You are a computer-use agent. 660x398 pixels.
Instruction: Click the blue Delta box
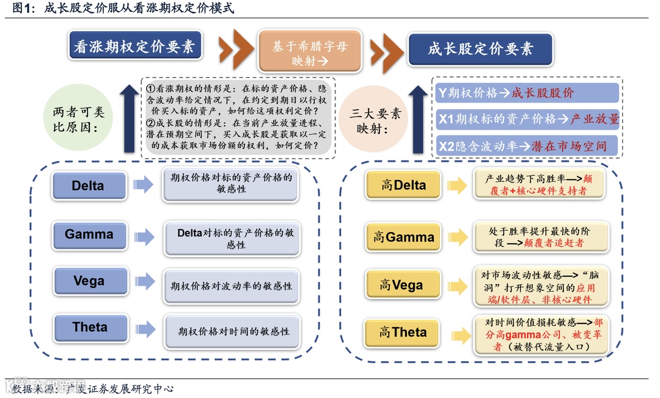pyautogui.click(x=89, y=186)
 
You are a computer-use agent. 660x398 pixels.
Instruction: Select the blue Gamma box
pyautogui.click(x=89, y=234)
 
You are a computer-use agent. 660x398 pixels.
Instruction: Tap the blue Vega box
pyautogui.click(x=89, y=281)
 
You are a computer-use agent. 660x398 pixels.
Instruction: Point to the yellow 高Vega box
pyautogui.click(x=402, y=285)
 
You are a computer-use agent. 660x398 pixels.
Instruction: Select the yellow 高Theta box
pyautogui.click(x=403, y=333)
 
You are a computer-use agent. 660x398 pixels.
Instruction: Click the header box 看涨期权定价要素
pyautogui.click(x=134, y=46)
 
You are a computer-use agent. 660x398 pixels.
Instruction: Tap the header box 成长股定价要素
pyautogui.click(x=480, y=49)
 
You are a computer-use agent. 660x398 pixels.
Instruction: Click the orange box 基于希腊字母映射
pyautogui.click(x=310, y=53)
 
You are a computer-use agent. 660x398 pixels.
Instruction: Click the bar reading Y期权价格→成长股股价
pyautogui.click(x=527, y=93)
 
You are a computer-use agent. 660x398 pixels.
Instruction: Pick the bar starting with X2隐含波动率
pyautogui.click(x=527, y=146)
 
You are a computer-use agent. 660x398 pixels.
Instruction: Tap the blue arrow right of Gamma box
pyautogui.click(x=144, y=236)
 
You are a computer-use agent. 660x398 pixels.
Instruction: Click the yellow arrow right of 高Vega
pyautogui.click(x=457, y=286)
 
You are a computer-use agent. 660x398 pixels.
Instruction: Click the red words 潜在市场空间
pyautogui.click(x=570, y=147)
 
